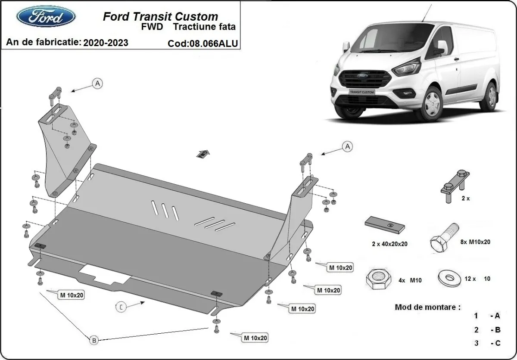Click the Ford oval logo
(46, 17)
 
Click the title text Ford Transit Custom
(160, 17)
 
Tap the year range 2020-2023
(106, 42)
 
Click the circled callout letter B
(94, 340)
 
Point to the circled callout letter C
(122, 307)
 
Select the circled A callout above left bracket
(98, 84)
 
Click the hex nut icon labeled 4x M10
(378, 280)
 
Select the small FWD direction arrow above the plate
(204, 153)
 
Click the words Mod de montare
(427, 307)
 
